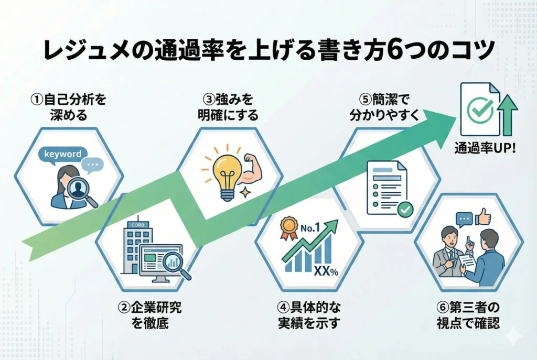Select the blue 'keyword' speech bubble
63,154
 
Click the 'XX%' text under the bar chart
325,270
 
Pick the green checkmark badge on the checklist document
405,209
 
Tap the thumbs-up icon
485,217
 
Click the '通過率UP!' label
485,148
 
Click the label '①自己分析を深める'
65,106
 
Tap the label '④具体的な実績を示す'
309,313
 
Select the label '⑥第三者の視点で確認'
468,313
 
